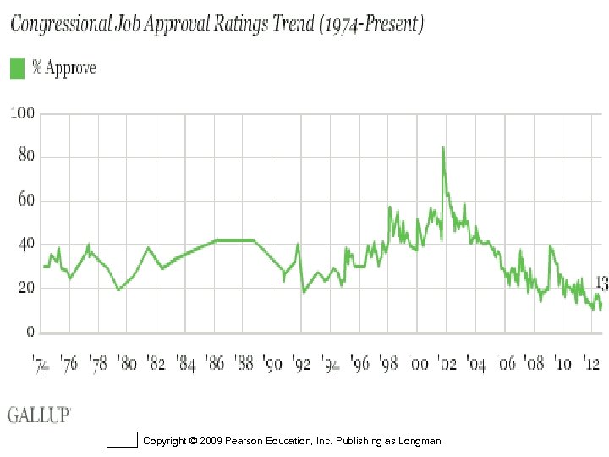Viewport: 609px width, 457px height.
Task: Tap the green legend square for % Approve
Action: (17, 68)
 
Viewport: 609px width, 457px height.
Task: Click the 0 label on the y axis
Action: (29, 332)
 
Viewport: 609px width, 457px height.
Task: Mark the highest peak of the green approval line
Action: (443, 148)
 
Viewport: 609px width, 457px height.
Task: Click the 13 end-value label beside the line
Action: (601, 283)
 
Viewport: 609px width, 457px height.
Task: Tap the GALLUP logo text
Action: (39, 415)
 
